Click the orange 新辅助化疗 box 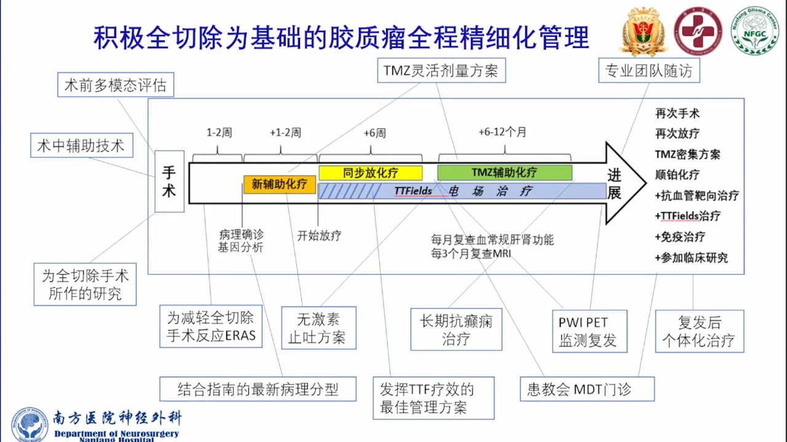(x=279, y=184)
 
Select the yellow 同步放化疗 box (x=370, y=173)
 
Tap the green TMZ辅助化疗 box (x=504, y=173)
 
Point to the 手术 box (x=169, y=181)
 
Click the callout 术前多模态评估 (x=116, y=85)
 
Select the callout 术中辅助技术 (x=81, y=145)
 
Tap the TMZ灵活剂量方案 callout (x=441, y=71)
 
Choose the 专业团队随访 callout (x=649, y=71)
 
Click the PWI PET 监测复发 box (x=590, y=331)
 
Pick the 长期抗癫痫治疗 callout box (x=456, y=329)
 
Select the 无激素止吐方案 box (x=318, y=328)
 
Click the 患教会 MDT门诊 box (x=587, y=389)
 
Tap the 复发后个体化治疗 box (x=699, y=331)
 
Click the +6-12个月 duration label (x=502, y=132)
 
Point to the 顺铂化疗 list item (x=678, y=174)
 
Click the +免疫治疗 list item (x=680, y=236)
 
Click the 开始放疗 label (x=319, y=235)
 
